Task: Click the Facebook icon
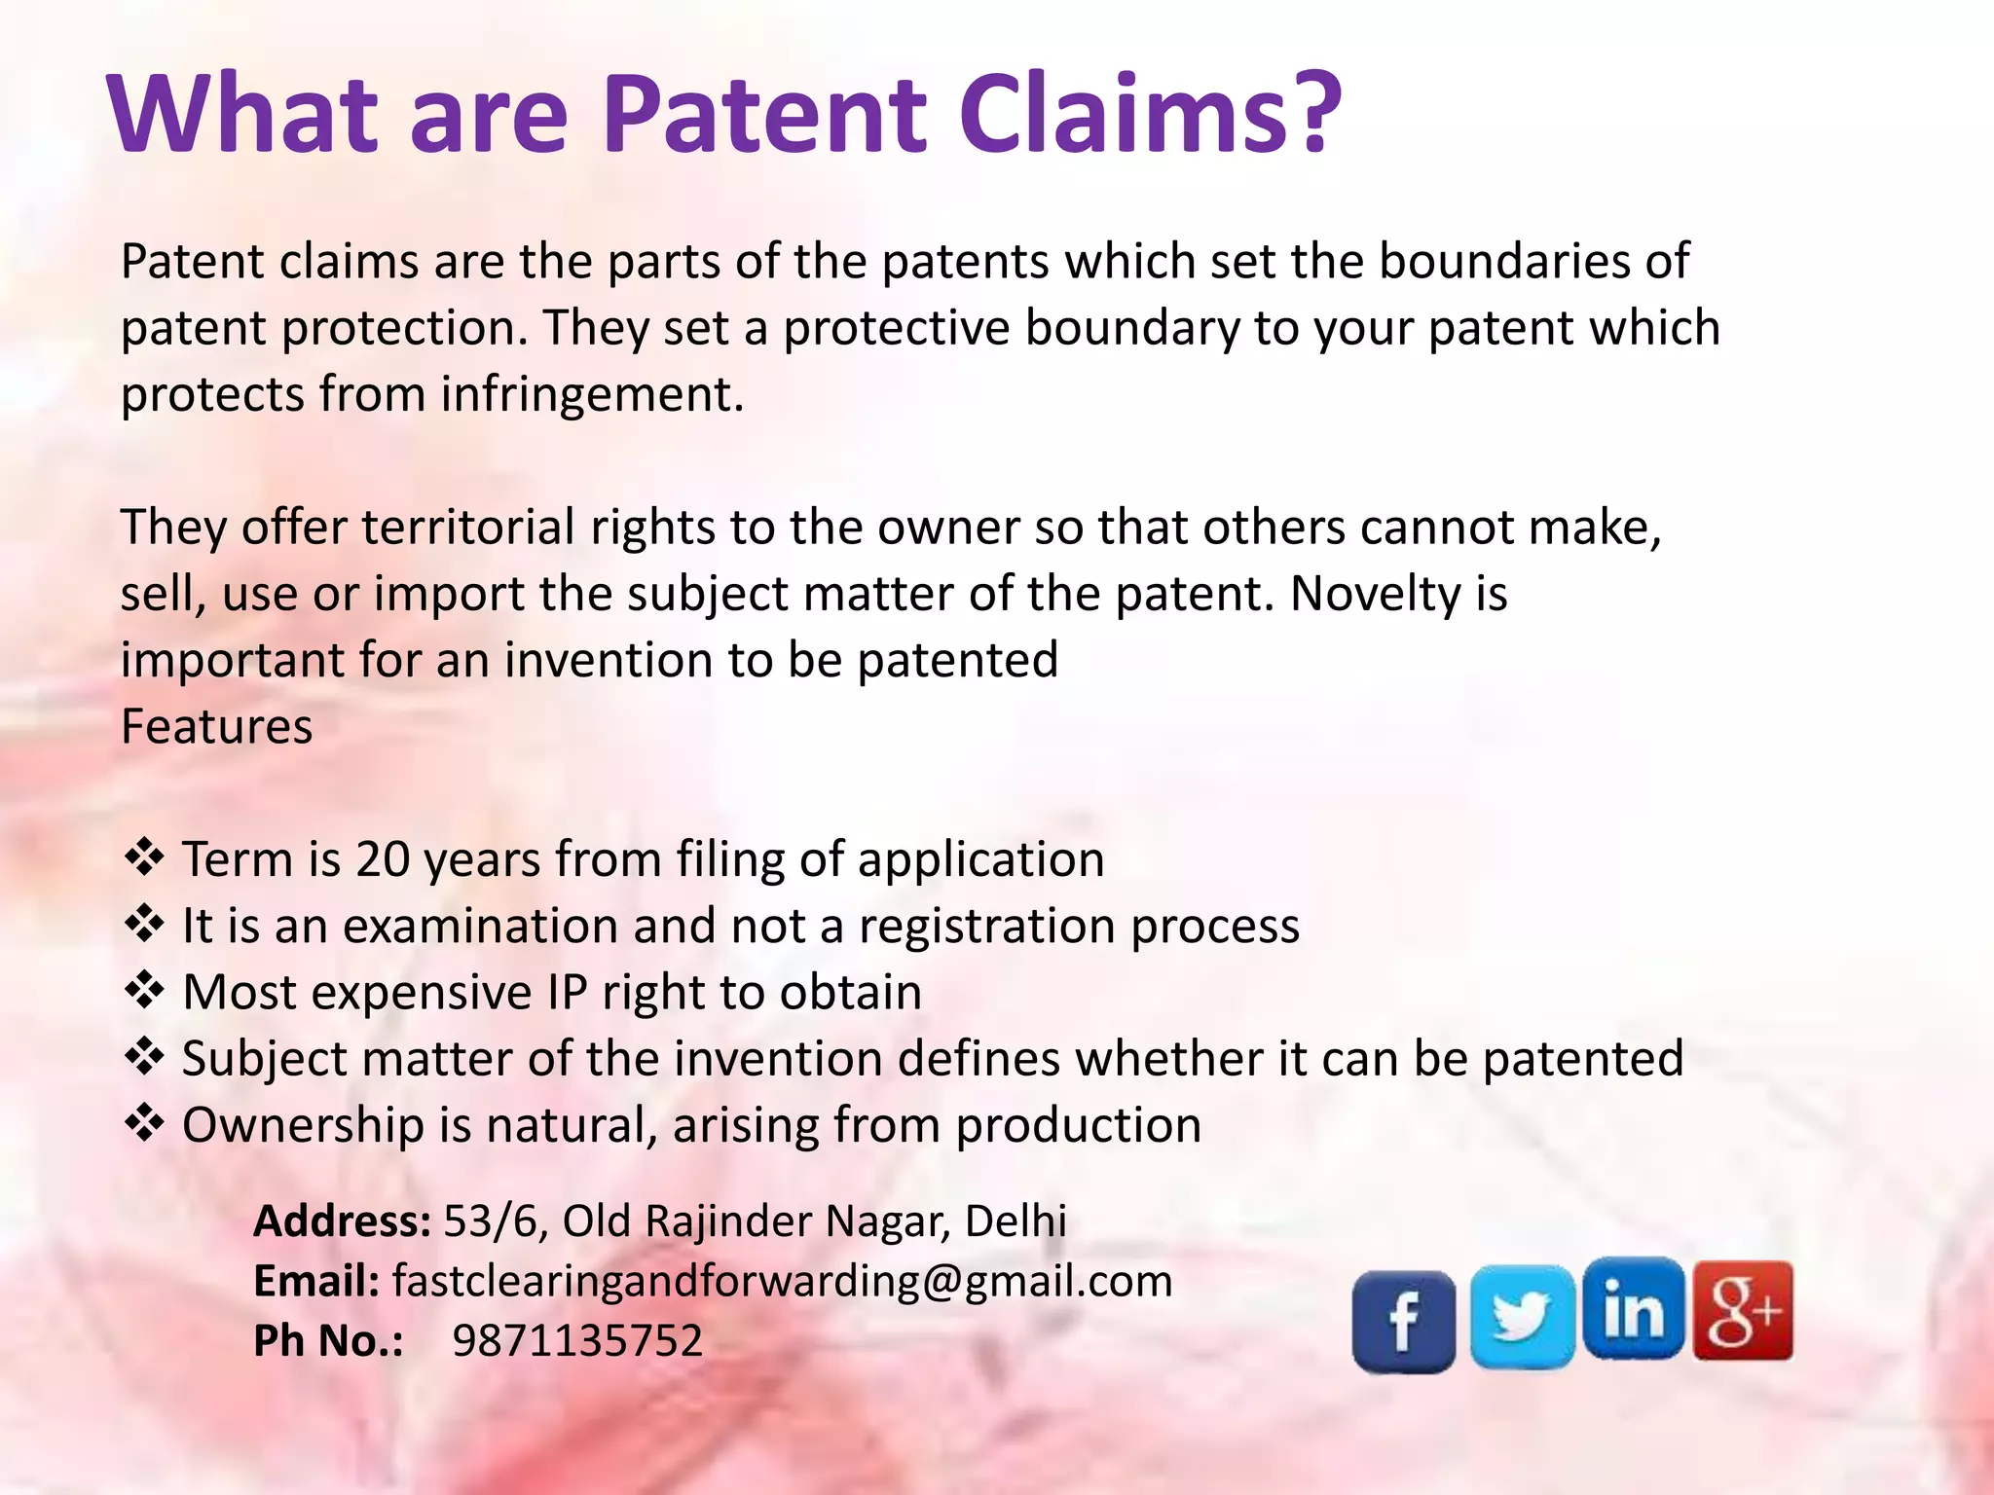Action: pyautogui.click(x=1403, y=1321)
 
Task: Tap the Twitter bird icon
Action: pyautogui.click(x=1522, y=1316)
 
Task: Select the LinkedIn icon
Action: pyautogui.click(x=1633, y=1309)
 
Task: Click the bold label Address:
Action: pyautogui.click(x=342, y=1221)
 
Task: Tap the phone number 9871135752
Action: pyautogui.click(x=577, y=1341)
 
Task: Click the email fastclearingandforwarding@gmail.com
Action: pyautogui.click(x=782, y=1281)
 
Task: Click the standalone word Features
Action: pyautogui.click(x=216, y=727)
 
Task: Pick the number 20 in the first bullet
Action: pyautogui.click(x=383, y=859)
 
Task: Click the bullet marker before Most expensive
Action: pyautogui.click(x=144, y=991)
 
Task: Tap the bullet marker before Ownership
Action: pyautogui.click(x=144, y=1123)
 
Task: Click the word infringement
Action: pyautogui.click(x=592, y=395)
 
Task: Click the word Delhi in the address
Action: pyautogui.click(x=1015, y=1221)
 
